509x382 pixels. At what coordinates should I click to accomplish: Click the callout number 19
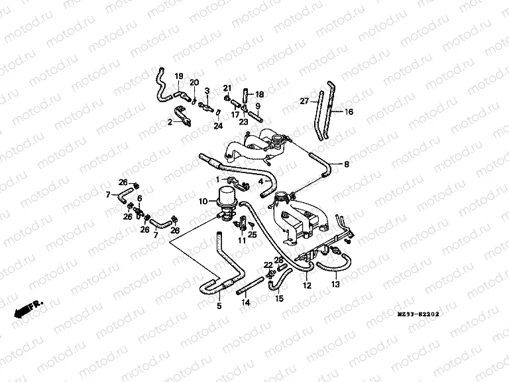[178, 77]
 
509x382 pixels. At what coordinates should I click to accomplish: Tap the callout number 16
[349, 112]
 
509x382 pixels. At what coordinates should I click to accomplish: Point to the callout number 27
[305, 101]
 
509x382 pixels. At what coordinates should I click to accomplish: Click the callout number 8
[347, 163]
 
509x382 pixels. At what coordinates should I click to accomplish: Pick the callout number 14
[246, 302]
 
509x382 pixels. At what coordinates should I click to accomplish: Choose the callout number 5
[219, 306]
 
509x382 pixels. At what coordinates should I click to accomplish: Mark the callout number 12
[306, 286]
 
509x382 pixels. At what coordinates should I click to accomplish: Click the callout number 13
[335, 285]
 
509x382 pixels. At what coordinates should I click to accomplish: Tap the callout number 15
[279, 299]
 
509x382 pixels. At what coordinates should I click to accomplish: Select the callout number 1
[217, 180]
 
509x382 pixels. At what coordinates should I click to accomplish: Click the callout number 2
[170, 121]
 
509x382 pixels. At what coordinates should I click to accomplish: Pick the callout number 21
[227, 89]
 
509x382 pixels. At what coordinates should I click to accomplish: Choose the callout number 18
[259, 94]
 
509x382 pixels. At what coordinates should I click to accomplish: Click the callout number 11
[242, 241]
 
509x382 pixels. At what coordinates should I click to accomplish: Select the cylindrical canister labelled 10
[227, 196]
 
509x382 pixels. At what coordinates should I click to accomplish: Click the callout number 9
[258, 106]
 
